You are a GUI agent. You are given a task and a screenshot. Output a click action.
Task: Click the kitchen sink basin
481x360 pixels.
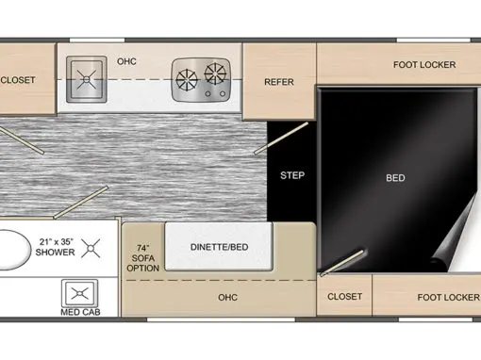87,79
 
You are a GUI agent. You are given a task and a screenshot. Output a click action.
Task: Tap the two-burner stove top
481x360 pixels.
201,80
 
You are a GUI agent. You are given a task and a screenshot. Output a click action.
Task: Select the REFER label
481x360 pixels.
279,82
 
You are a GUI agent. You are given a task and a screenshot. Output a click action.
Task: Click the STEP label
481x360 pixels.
292,175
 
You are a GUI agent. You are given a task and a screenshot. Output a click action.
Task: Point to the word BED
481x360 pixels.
395,178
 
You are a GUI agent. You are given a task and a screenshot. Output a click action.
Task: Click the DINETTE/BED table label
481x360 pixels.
220,247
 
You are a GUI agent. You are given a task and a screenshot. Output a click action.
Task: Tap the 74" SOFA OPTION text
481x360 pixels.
143,258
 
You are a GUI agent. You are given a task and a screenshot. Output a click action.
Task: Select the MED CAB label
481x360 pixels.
80,312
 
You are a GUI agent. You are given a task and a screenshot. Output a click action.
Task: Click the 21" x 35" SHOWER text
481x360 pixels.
56,247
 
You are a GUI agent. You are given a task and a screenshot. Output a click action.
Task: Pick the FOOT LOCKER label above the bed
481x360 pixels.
424,65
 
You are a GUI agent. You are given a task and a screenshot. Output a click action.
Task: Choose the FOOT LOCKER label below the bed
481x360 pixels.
449,297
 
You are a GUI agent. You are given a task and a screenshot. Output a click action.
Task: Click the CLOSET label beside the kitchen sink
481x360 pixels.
18,80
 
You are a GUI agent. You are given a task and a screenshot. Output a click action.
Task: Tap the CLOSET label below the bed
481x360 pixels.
344,297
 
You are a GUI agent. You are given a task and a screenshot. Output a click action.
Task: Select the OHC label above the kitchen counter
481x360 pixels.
126,61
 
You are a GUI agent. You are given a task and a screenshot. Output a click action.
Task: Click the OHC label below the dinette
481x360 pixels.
227,297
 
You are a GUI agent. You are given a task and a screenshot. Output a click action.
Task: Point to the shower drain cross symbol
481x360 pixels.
91,249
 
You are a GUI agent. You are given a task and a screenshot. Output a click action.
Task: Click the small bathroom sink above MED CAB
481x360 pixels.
80,293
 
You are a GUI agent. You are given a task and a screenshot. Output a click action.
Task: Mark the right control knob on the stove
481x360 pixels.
223,93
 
